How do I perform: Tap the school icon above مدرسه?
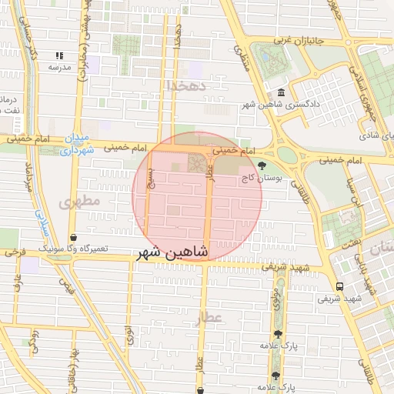coord(60,56)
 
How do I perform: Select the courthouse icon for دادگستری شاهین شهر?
coord(280,93)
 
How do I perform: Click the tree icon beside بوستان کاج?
coord(263,165)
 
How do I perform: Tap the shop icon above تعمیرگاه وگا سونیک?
coord(73,238)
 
